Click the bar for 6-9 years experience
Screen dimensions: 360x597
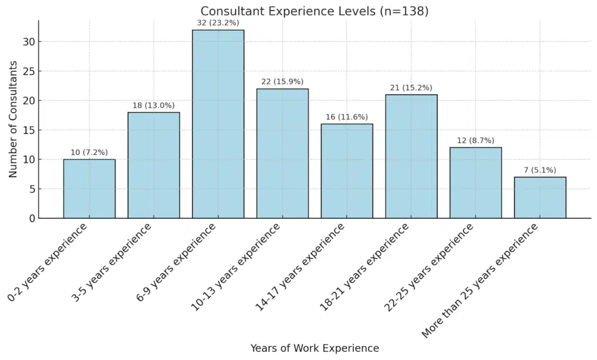(218, 124)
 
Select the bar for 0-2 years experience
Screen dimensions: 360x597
(89, 189)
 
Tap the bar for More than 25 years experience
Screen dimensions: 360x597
(540, 197)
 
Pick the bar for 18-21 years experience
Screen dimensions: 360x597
(411, 156)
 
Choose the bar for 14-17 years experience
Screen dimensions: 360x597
(347, 171)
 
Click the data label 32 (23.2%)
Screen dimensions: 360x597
(218, 23)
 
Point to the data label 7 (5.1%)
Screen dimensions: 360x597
(540, 170)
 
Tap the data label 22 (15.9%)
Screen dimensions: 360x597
(283, 82)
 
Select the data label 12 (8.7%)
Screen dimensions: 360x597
(476, 140)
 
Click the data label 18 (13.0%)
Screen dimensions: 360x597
(154, 105)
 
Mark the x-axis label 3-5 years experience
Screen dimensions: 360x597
(111, 264)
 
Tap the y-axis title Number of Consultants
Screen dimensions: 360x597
(13, 120)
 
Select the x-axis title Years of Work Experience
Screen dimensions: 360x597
(314, 348)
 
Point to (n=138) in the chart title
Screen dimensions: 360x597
(404, 11)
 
